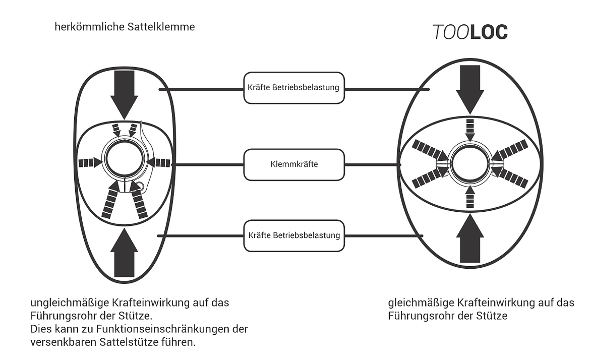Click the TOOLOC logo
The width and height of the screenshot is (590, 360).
pyautogui.click(x=470, y=32)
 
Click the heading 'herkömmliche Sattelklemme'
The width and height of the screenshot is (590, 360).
pyautogui.click(x=125, y=27)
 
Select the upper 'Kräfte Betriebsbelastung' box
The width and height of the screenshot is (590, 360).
pyautogui.click(x=294, y=88)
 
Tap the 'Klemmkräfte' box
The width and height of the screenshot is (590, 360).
pyautogui.click(x=294, y=164)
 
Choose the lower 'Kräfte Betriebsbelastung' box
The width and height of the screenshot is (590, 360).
pyautogui.click(x=294, y=236)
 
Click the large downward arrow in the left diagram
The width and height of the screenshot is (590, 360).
pyautogui.click(x=124, y=95)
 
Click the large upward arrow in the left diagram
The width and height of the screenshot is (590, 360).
pyautogui.click(x=124, y=253)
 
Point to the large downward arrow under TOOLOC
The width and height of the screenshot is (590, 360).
pyautogui.click(x=470, y=89)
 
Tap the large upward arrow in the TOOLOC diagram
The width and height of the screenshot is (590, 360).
pyautogui.click(x=470, y=238)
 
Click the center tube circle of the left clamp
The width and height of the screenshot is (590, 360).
pyautogui.click(x=124, y=158)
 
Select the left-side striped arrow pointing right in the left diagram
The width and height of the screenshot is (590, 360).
pyautogui.click(x=90, y=163)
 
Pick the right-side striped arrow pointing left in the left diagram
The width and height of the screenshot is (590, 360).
pyautogui.click(x=158, y=163)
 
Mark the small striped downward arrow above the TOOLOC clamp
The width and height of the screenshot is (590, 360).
pyautogui.click(x=470, y=131)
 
